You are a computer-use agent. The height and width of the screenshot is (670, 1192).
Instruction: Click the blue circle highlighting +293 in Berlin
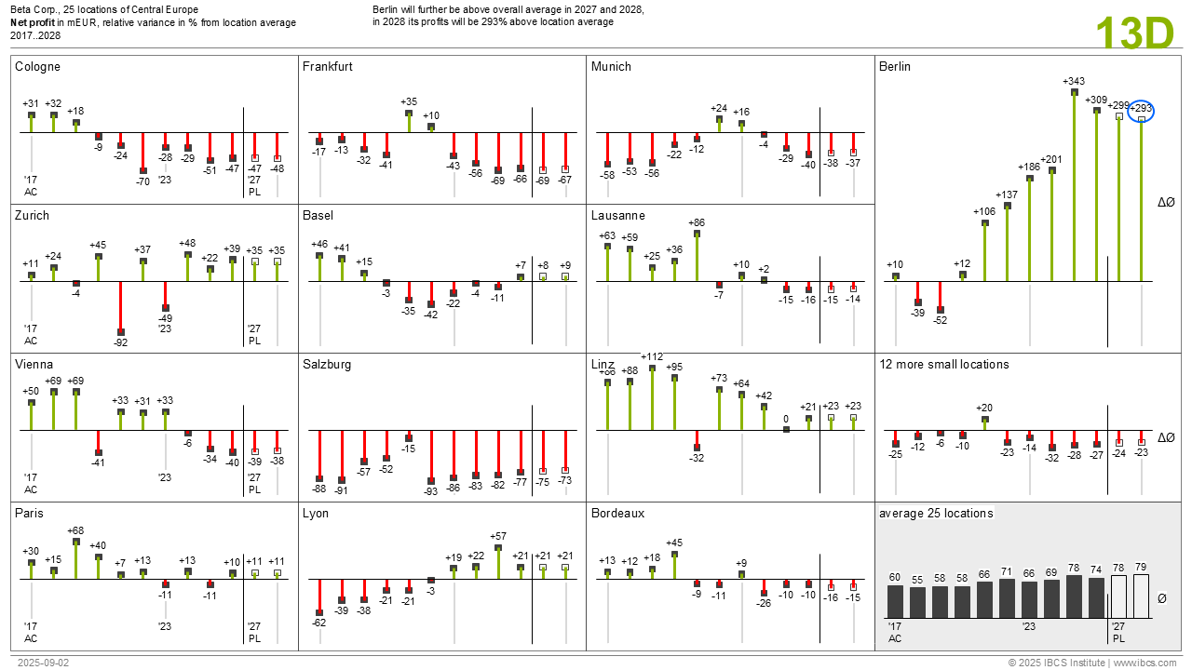[1141, 111]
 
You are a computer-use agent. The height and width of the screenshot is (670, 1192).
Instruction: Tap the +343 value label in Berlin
[1074, 82]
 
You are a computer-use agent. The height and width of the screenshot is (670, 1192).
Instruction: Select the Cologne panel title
[37, 67]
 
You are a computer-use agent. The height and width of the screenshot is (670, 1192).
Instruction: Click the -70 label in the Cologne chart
[142, 182]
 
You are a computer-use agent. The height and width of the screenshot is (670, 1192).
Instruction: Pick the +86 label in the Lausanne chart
[697, 223]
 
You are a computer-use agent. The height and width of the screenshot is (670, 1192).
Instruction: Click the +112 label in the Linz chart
[652, 356]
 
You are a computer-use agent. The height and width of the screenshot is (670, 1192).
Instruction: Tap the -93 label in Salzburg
[430, 492]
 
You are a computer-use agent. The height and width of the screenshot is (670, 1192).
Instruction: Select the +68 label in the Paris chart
[75, 531]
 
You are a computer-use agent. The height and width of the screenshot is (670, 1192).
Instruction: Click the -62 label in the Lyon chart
[318, 623]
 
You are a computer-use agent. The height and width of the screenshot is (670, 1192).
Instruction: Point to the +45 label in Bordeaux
[674, 543]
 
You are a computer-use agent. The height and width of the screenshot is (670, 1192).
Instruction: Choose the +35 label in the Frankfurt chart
[409, 101]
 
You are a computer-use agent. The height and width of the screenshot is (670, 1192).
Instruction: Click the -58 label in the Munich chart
[607, 175]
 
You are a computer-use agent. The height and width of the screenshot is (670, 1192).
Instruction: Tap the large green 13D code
[1134, 34]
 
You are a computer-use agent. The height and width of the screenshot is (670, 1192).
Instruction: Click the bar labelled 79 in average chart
[1141, 596]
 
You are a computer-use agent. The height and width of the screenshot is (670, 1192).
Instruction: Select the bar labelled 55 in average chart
[917, 602]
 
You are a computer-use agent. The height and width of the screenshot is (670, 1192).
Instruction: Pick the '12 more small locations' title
[943, 365]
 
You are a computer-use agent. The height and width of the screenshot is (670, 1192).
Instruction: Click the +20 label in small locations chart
[984, 408]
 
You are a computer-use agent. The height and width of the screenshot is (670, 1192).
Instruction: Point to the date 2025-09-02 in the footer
[43, 663]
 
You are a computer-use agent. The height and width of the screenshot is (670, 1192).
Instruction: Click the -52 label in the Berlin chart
[940, 321]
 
